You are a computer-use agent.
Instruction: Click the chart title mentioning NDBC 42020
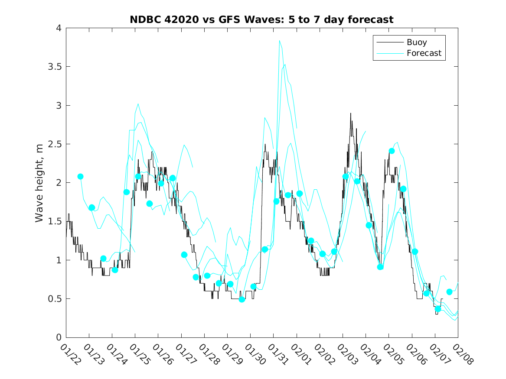point(261,20)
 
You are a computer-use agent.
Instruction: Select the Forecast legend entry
point(424,53)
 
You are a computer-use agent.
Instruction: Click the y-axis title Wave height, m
point(39,182)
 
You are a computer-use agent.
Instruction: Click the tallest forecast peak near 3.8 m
point(279,41)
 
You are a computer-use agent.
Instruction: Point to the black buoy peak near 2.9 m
point(350,113)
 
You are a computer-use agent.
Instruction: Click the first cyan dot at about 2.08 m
point(80,176)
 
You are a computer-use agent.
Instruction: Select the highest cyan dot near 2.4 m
point(392,151)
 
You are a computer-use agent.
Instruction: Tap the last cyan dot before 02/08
point(449,292)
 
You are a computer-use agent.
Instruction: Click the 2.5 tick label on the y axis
point(55,144)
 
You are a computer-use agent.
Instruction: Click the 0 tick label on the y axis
point(58,337)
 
